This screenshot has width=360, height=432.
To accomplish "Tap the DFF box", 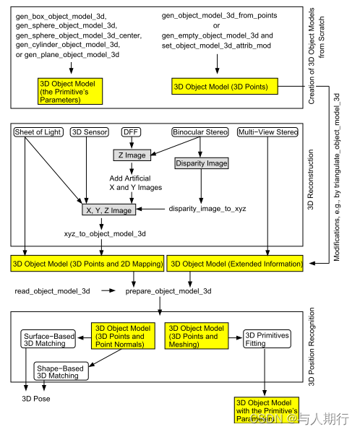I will pyautogui.click(x=131, y=132).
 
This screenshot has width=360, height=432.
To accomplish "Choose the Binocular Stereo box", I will pyautogui.click(x=199, y=132).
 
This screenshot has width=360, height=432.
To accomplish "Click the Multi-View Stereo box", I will pyautogui.click(x=268, y=132).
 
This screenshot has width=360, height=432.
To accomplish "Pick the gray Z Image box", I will pyautogui.click(x=131, y=155).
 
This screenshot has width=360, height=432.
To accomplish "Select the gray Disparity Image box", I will pyautogui.click(x=200, y=163).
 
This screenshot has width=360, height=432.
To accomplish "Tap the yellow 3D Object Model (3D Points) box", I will pyautogui.click(x=220, y=87).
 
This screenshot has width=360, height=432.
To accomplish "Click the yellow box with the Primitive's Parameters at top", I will pyautogui.click(x=71, y=91).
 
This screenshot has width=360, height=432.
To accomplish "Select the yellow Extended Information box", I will pyautogui.click(x=236, y=264).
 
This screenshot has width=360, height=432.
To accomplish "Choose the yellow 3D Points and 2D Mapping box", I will pyautogui.click(x=87, y=264).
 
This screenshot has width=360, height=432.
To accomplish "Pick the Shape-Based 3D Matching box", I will pyautogui.click(x=61, y=371).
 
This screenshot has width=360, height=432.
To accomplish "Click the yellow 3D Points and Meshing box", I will pyautogui.click(x=196, y=337).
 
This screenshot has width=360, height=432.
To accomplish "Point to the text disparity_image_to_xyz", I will pyautogui.click(x=207, y=209).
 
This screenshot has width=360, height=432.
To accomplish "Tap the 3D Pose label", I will pyautogui.click(x=37, y=398).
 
